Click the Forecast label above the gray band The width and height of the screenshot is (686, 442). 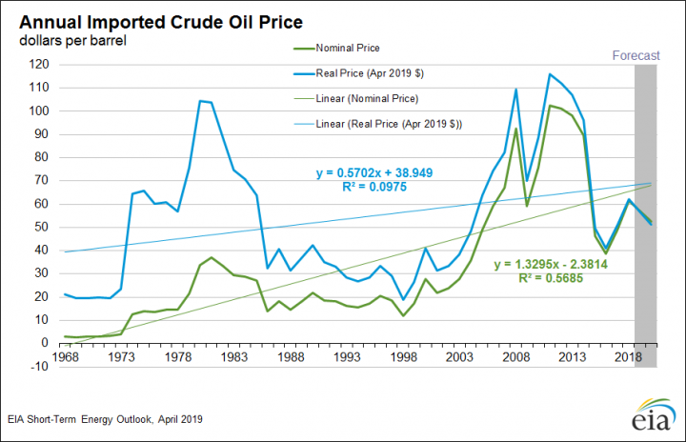pos(636,55)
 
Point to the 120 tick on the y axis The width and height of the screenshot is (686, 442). pos(37,64)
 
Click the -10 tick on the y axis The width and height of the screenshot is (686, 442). pos(38,366)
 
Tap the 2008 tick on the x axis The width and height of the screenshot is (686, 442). pos(516,354)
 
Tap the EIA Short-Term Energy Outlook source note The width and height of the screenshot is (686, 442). pos(107,418)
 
